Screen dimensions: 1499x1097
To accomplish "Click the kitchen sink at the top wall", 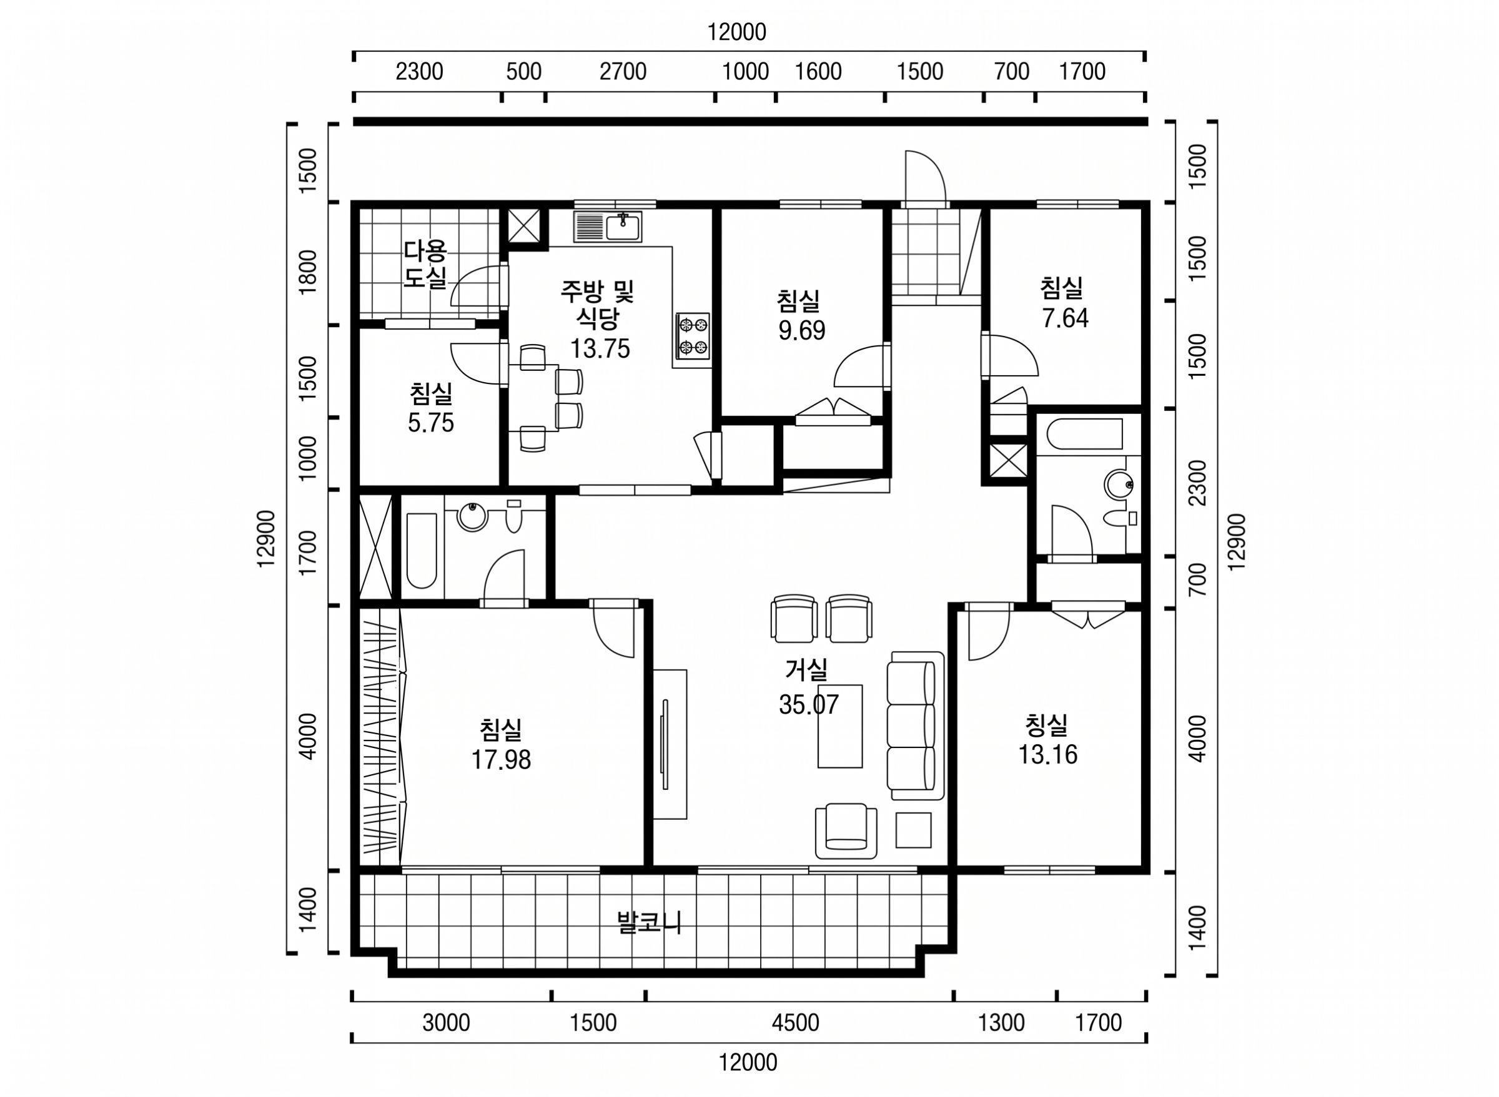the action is (608, 227).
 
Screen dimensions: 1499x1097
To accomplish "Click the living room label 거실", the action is (806, 670).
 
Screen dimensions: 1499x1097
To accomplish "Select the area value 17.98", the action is (502, 760).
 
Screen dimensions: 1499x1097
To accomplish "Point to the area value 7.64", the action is (1066, 319).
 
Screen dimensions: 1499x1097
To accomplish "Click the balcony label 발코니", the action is (650, 923).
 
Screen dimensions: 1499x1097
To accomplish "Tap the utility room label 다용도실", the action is (426, 264).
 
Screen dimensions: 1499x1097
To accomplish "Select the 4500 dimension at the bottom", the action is (795, 1022).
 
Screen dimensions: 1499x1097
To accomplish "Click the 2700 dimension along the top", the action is (623, 72).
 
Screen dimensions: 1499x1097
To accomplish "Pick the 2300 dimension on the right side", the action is (1197, 483).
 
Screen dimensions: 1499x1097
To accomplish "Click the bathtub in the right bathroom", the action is (1084, 433).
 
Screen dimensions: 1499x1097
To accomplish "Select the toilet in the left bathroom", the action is (513, 518).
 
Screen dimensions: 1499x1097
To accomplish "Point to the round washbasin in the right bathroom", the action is (1120, 484).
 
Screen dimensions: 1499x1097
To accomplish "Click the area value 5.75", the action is (431, 422).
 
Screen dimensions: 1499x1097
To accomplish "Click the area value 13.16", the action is (1048, 755).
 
